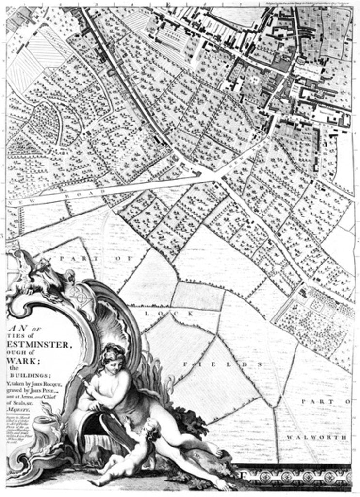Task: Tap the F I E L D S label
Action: click(x=223, y=363)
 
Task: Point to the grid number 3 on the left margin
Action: click(x=3, y=236)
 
